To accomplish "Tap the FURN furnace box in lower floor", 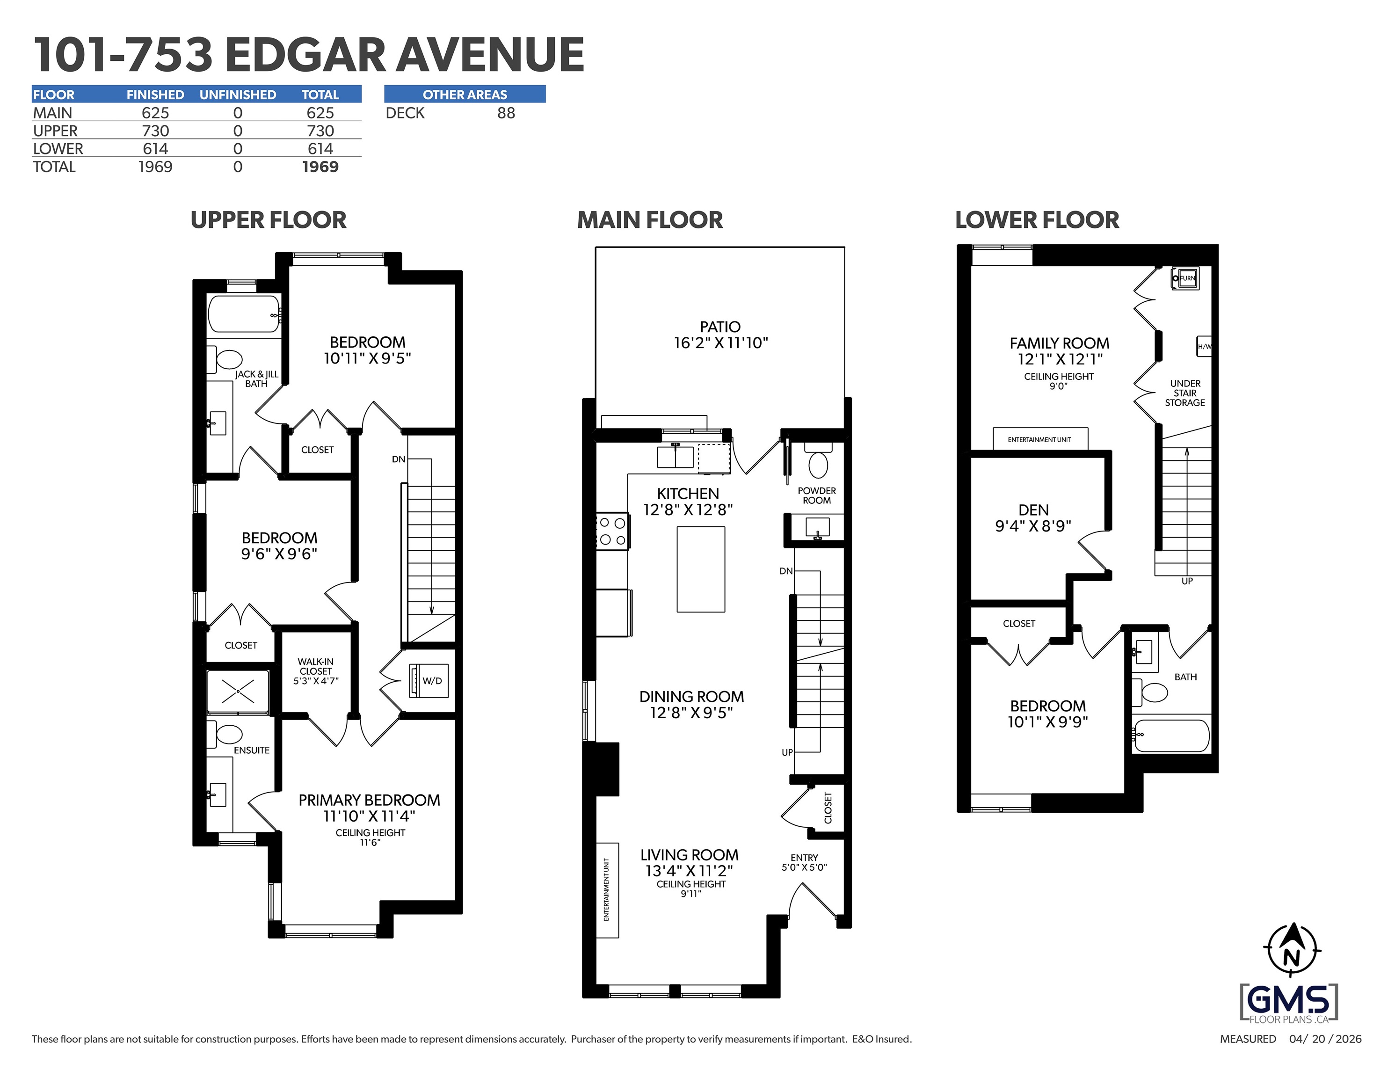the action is [1185, 278].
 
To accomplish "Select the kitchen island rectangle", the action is [701, 569].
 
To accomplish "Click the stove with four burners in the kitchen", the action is [613, 532].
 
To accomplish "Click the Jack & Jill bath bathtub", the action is [245, 314].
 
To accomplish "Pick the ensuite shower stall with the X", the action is [238, 692].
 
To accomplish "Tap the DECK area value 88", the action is [506, 113].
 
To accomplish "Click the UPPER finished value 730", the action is [155, 131].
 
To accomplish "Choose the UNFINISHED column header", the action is [238, 95].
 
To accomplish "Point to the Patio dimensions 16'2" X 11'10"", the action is [720, 343].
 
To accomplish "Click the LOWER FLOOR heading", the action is [1037, 220].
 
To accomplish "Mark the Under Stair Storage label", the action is [1185, 393].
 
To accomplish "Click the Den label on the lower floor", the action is [1033, 510].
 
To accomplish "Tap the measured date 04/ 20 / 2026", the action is [1325, 1039].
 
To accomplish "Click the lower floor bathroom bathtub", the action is [1171, 736].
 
